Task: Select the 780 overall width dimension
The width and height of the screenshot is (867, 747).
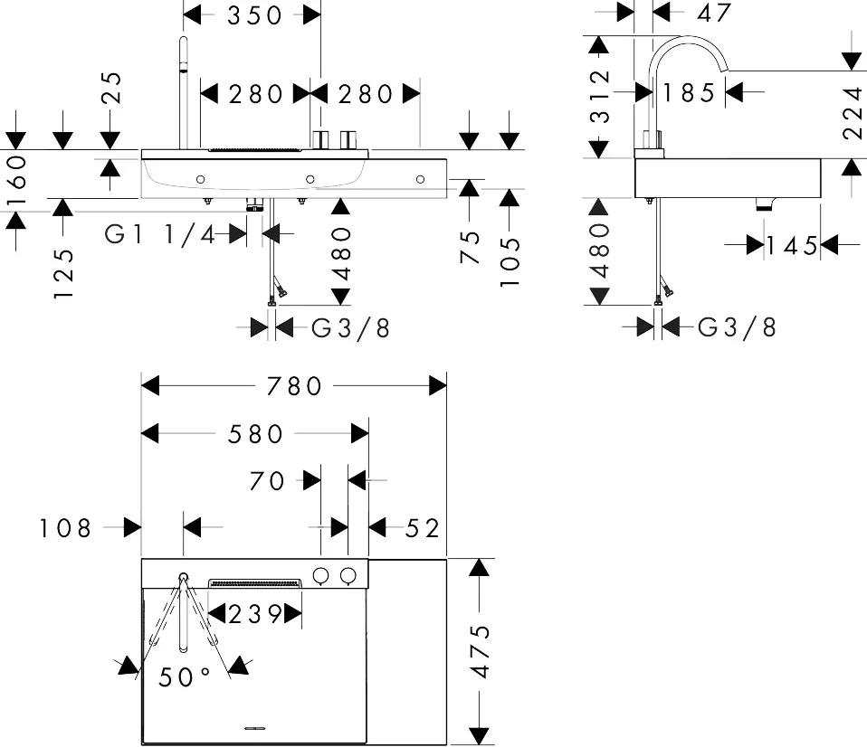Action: [294, 386]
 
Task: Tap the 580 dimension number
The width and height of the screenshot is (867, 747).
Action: [255, 434]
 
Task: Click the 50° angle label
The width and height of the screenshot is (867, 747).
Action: [184, 676]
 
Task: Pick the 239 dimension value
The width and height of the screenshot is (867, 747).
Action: [254, 614]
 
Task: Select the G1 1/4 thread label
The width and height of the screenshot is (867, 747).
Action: [161, 234]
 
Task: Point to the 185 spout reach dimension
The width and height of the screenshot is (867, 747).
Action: [689, 92]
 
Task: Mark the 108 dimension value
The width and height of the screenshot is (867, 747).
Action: [65, 527]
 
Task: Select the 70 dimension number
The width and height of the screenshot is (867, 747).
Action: [267, 481]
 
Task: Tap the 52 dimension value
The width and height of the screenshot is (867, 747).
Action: [423, 527]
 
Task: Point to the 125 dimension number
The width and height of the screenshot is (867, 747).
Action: [62, 274]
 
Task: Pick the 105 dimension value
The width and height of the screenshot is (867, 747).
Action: [511, 262]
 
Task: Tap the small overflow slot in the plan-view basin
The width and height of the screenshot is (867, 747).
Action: [254, 726]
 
